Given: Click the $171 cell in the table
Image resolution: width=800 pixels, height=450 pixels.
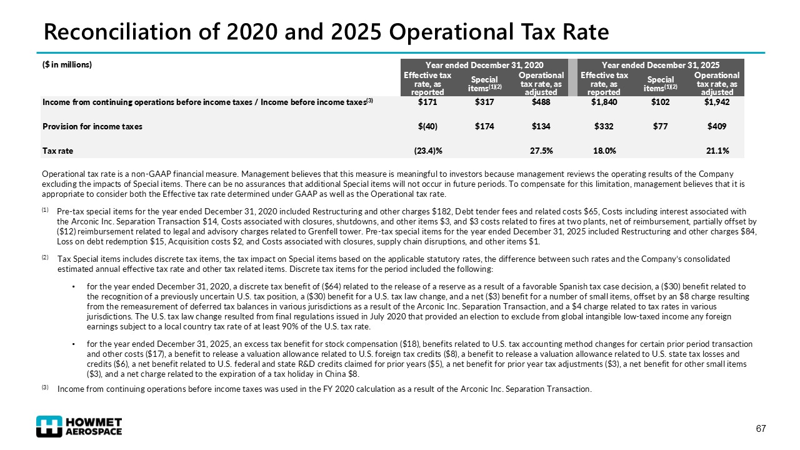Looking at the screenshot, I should (427, 102).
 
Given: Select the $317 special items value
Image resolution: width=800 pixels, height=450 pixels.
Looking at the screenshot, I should (484, 102).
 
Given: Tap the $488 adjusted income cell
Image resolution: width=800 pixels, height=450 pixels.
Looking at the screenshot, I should (541, 102).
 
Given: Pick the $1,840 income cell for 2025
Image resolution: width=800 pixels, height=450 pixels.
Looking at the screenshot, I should (604, 102).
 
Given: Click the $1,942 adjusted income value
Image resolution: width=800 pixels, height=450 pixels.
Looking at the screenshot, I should (717, 102).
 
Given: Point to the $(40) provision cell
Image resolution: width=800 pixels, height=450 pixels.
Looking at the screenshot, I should (427, 126).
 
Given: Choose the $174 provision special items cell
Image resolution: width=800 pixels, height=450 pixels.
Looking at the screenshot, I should (484, 126).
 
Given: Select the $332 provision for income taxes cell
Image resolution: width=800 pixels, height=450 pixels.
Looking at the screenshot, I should (604, 126).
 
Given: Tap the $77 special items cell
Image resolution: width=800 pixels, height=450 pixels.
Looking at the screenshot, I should (660, 126).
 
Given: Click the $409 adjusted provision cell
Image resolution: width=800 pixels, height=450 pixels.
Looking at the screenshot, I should (717, 126).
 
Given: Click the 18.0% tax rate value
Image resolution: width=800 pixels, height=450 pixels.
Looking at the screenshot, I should (604, 151).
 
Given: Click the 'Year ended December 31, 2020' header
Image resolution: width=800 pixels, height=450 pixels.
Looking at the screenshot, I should (484, 65).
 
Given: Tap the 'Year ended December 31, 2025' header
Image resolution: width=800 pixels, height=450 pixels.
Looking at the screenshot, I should (660, 65).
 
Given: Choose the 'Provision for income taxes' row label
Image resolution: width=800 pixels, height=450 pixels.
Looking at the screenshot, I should (92, 126).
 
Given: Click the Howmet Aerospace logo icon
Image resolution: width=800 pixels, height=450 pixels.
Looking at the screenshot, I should (49, 426).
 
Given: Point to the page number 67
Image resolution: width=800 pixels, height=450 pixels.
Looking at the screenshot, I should (761, 429).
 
